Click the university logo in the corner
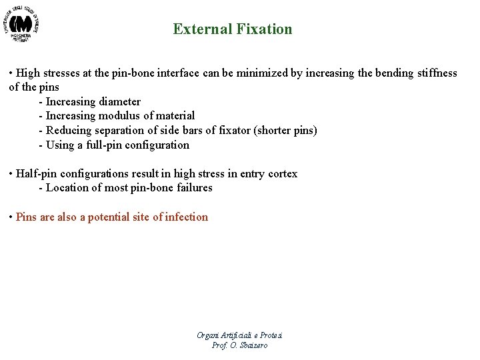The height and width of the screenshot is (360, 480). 25,25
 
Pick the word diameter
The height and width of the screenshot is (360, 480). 119,101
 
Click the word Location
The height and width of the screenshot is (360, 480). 67,188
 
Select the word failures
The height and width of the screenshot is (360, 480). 191,188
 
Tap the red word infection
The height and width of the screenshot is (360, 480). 186,217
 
